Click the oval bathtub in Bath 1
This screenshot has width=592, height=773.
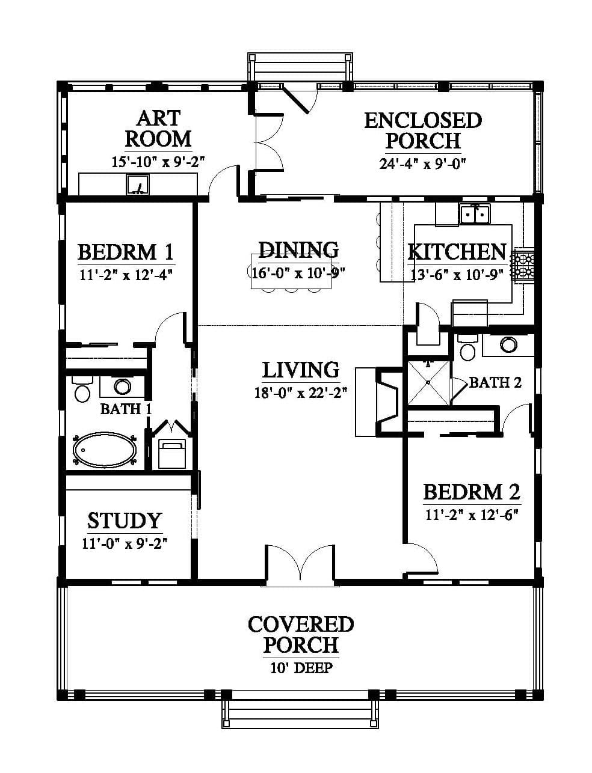(x=105, y=450)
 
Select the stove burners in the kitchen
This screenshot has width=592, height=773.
(x=525, y=265)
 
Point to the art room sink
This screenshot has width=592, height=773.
(x=138, y=185)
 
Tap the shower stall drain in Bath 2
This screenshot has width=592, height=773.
(x=428, y=382)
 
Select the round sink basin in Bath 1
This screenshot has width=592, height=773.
(x=122, y=386)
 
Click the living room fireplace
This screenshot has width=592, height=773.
(x=379, y=402)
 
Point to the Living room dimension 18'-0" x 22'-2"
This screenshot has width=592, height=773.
(x=301, y=393)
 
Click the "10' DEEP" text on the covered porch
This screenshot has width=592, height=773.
(x=301, y=667)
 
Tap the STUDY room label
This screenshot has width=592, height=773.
(x=125, y=521)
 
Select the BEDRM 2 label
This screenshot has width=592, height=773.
(x=472, y=492)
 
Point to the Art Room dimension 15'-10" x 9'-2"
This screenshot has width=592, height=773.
(x=159, y=162)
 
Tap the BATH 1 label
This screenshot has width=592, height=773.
(x=126, y=409)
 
